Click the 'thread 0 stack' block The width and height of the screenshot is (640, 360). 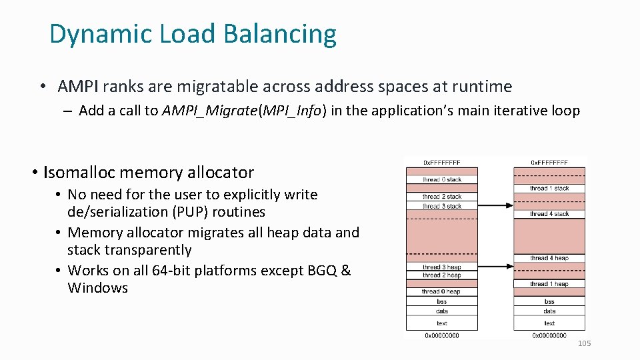pos(441,179)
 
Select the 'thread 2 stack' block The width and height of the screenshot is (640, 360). pos(441,197)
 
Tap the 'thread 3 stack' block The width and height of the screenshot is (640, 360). pos(441,206)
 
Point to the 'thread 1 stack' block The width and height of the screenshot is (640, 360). pos(549,189)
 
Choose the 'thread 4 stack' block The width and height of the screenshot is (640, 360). pos(549,214)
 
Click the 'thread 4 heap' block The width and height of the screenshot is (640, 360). pos(549,258)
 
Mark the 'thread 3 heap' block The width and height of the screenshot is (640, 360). pos(441,267)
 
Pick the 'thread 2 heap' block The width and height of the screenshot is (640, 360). pos(441,275)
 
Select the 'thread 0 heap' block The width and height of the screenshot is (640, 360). pos(441,291)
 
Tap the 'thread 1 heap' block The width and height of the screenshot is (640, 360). pos(549,284)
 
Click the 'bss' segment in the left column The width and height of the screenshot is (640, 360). pos(441,301)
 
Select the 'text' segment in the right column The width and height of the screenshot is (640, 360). pos(549,323)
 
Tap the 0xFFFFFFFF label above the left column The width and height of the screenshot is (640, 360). pos(441,162)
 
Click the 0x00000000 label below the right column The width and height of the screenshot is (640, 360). pos(549,335)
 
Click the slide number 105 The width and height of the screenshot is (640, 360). pos(584,343)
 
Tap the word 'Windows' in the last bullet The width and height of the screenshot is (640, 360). pos(97,288)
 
